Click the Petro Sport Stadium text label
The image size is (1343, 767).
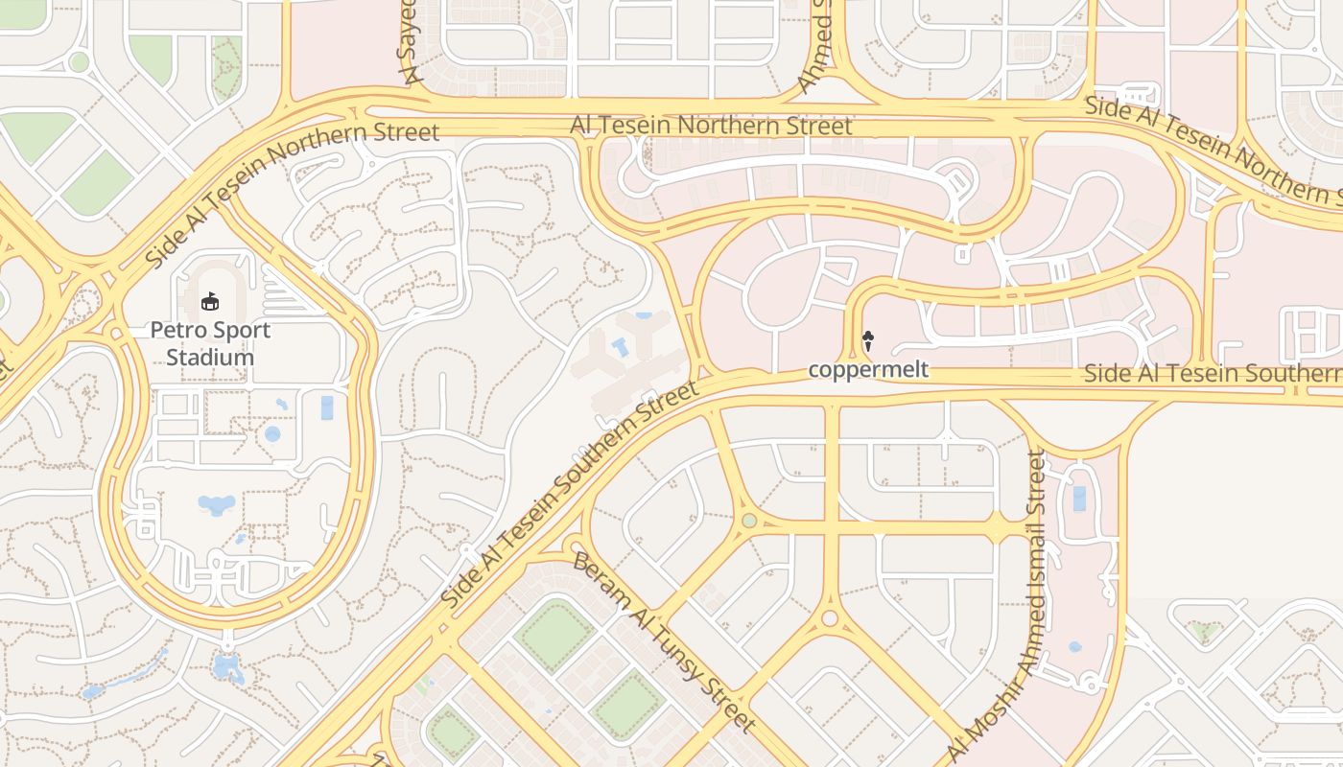(210, 343)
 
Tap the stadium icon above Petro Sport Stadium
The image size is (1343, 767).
(210, 302)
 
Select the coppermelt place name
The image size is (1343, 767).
(868, 369)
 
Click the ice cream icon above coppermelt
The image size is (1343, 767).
(868, 340)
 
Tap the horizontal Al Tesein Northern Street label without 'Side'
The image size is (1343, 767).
(711, 126)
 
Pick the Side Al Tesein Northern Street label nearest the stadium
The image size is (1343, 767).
(292, 196)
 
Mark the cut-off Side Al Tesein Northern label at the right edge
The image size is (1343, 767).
(1213, 150)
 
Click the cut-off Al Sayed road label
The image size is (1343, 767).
(409, 43)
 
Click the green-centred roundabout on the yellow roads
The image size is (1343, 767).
(749, 521)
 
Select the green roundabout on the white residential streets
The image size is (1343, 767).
(79, 62)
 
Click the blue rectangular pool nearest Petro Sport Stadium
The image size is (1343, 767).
(327, 407)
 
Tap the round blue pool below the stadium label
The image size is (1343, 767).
(272, 434)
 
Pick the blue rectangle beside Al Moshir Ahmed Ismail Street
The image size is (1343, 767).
(1079, 499)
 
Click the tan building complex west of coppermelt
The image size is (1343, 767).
(628, 360)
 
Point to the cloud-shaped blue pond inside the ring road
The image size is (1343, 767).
(216, 504)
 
